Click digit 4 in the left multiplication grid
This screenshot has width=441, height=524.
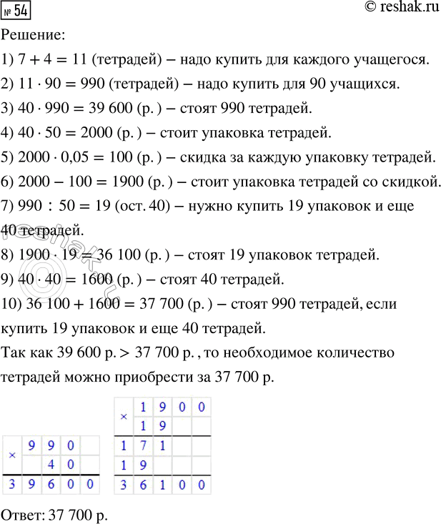[x=51, y=465]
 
